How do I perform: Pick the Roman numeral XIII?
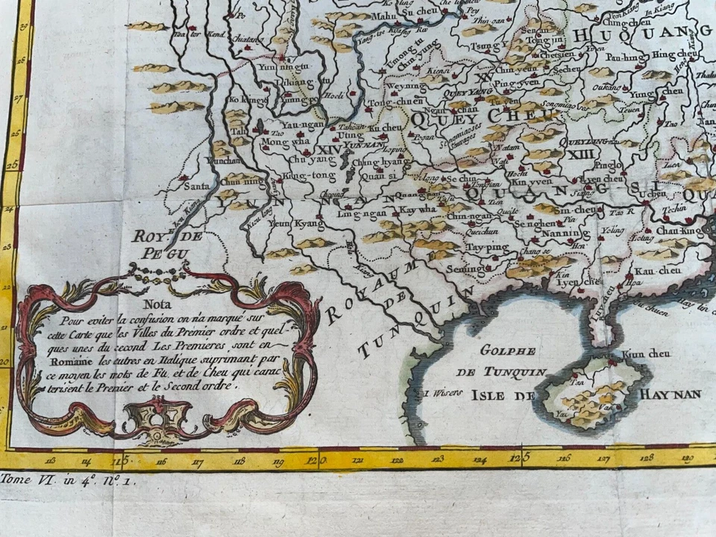tap(577, 153)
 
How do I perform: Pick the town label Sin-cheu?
tap(576, 211)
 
